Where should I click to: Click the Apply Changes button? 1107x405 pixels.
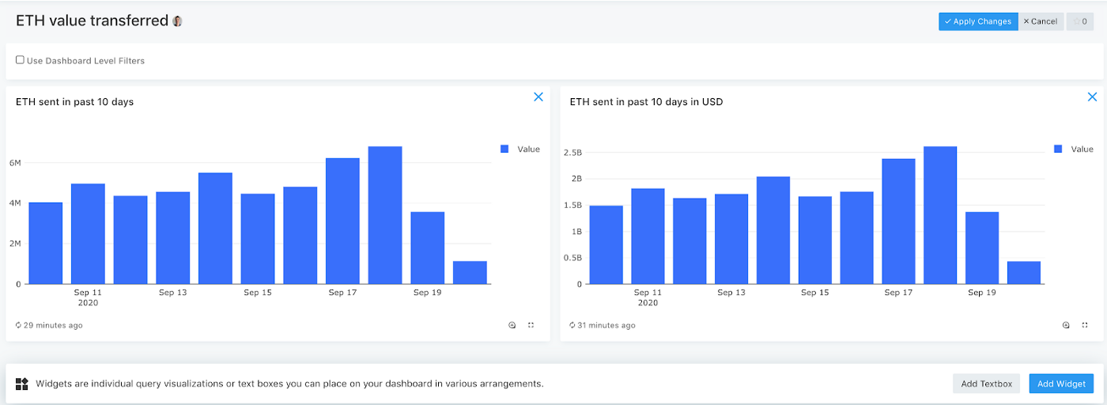(x=977, y=21)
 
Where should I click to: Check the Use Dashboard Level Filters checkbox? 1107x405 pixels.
(x=20, y=60)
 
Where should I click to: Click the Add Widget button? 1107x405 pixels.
(x=1060, y=384)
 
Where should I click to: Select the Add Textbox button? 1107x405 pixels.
(x=986, y=384)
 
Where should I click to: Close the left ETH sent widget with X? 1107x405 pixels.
(x=538, y=97)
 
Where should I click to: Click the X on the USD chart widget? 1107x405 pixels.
(x=1092, y=97)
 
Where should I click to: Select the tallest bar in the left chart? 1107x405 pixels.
(x=385, y=215)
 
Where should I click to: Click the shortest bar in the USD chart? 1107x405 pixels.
(x=1023, y=272)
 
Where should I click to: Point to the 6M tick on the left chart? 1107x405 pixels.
(x=14, y=163)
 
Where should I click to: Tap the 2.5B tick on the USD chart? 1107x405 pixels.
(x=572, y=152)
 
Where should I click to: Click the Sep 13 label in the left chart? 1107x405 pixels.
(x=172, y=293)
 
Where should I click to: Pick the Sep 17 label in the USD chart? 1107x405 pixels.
(x=897, y=293)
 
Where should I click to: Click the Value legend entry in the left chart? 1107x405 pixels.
(x=528, y=149)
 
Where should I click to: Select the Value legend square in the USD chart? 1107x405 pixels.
(x=1058, y=149)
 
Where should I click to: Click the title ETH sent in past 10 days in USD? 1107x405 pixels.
(x=646, y=102)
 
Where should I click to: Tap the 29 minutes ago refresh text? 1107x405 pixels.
(x=52, y=325)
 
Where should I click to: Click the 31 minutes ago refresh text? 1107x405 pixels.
(x=606, y=325)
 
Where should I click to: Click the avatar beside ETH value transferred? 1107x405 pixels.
(x=177, y=21)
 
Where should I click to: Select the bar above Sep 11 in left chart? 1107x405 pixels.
(x=88, y=233)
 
